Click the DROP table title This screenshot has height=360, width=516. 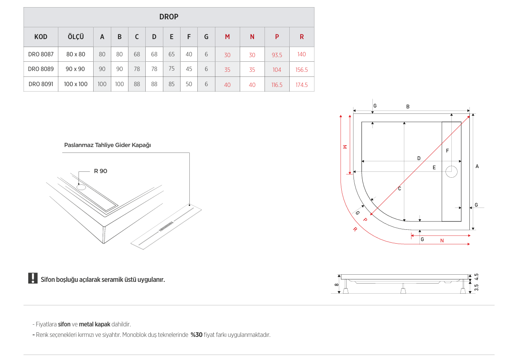coord(169,17)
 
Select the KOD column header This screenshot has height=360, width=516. coord(41,37)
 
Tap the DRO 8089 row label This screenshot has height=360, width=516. coord(41,69)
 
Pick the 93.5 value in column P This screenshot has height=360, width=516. coord(277,55)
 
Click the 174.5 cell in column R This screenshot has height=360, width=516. coord(301,85)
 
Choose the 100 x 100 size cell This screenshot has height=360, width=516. coord(76,84)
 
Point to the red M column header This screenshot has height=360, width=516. coord(227,37)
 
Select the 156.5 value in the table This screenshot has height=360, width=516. coord(301,70)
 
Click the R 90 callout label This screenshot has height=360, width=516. coord(100,171)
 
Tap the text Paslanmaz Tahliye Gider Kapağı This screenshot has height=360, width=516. coord(107,145)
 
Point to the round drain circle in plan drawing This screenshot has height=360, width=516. coord(451,172)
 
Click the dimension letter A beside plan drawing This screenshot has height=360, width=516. coord(477,167)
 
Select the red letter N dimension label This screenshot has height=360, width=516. coord(442,241)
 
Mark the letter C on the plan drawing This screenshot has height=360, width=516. coord(399,189)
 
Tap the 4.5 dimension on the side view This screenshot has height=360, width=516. coord(476,277)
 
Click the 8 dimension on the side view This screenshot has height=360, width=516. coord(336,284)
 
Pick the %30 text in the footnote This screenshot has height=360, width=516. coord(196,335)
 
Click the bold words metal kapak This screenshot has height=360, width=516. coord(94,324)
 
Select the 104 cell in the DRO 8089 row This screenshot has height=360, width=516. coord(277,70)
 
